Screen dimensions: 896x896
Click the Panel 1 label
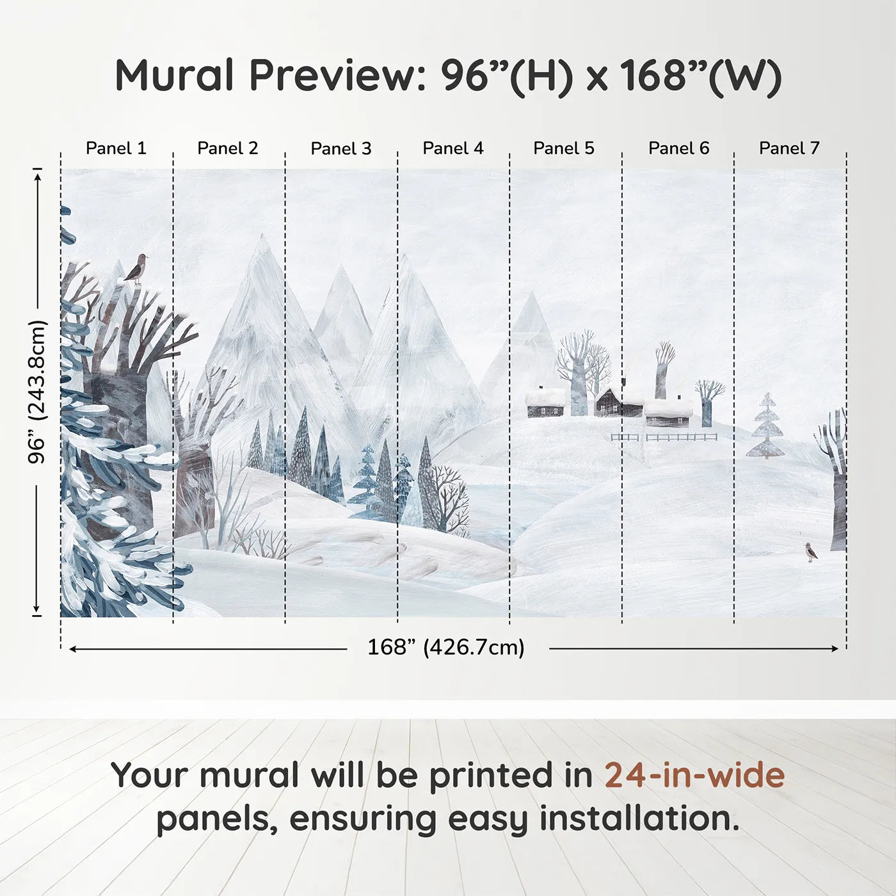coord(116,148)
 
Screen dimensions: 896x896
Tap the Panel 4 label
coord(453,148)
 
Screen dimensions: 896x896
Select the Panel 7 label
coord(789,148)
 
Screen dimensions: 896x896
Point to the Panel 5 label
coord(564,148)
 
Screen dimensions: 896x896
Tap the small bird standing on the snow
coord(812,552)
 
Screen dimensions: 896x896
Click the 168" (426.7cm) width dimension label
coord(446,647)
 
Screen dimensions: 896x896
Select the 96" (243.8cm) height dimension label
coord(37,392)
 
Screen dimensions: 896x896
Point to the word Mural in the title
coord(174,76)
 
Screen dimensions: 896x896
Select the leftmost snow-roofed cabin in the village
coord(546,403)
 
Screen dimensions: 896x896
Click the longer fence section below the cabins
coord(682,437)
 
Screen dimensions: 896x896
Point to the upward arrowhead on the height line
coord(38,175)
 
